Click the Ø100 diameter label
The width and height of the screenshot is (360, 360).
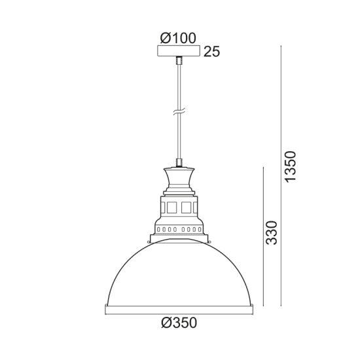(179, 39)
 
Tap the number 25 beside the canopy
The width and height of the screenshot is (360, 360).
(211, 52)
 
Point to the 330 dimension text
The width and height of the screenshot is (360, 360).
(273, 233)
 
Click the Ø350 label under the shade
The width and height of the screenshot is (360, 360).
(179, 322)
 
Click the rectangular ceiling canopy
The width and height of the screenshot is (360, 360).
(179, 51)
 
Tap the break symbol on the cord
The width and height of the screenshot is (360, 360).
(179, 113)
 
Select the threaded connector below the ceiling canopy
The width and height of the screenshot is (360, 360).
(179, 61)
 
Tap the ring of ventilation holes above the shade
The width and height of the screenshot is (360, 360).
(179, 230)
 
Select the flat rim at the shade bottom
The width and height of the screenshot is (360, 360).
(179, 306)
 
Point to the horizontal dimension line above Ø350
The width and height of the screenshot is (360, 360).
(179, 311)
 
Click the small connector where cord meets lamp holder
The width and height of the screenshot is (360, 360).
(179, 162)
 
